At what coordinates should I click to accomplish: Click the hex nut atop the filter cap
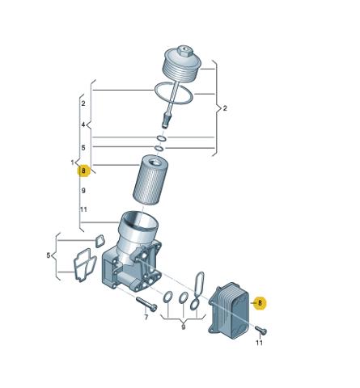click(185, 51)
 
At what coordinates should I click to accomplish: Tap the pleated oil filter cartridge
click(150, 179)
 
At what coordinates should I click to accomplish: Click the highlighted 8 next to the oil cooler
click(260, 303)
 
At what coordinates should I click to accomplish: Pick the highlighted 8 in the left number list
click(83, 171)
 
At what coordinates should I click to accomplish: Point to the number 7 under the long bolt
click(146, 317)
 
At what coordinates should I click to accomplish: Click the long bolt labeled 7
click(146, 304)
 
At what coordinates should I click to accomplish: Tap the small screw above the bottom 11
click(261, 330)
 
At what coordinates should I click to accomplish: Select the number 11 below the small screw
click(259, 343)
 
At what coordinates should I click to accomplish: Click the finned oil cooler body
click(229, 310)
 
